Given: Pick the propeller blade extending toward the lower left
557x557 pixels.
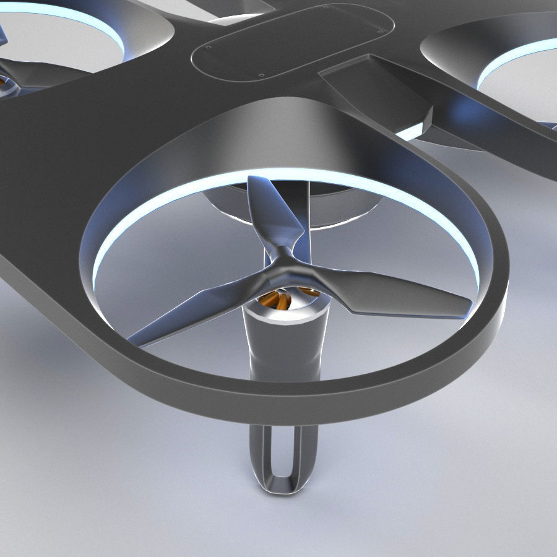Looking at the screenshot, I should point(198,309).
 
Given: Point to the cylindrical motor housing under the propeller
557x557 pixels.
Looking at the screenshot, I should point(285,347).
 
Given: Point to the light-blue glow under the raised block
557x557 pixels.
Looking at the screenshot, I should point(412,132).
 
